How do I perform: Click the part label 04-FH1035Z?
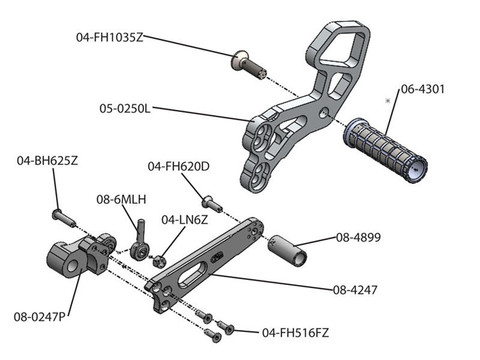coord(109,37)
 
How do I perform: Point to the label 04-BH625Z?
coord(47,160)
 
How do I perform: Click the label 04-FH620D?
coord(178,166)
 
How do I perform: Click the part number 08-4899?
coord(358,237)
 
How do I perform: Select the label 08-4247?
coord(355,290)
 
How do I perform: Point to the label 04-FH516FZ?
coord(295,332)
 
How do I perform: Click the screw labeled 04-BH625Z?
coord(64,217)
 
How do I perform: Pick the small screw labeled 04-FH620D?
coord(212,203)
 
